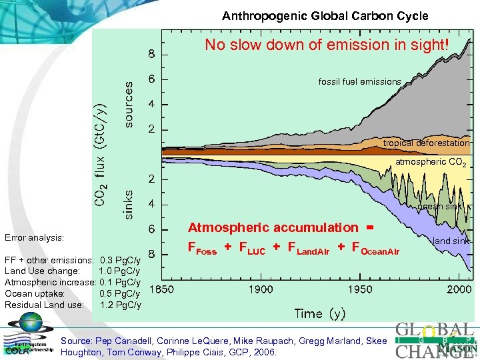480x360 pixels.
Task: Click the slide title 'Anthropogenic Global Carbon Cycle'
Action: pos(325,15)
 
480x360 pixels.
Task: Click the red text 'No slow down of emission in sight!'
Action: pos(327,45)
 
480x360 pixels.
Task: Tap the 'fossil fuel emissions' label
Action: pos(359,82)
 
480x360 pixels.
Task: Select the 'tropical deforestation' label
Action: pos(426,143)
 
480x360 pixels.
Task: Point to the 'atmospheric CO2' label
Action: pos(431,162)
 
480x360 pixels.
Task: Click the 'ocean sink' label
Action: pos(439,207)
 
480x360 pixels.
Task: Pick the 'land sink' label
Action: pos(451,240)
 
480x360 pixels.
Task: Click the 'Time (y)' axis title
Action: pos(320,313)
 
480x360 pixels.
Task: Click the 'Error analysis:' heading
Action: pos(34,237)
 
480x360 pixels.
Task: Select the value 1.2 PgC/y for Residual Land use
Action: pos(120,305)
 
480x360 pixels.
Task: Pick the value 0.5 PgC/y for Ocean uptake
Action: pos(120,293)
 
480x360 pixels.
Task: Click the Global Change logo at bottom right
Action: pos(434,340)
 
